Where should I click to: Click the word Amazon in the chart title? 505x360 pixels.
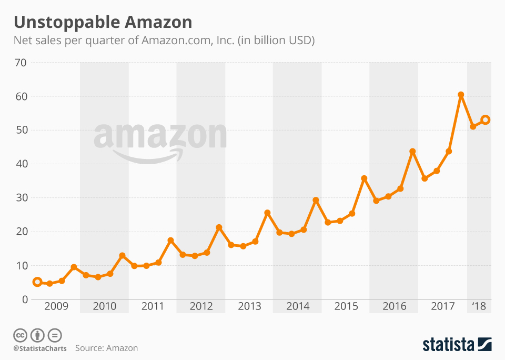[158, 22]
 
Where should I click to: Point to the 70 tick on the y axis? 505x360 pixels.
[21, 63]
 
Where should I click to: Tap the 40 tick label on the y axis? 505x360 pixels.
[21, 164]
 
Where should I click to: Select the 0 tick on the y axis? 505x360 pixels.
[24, 299]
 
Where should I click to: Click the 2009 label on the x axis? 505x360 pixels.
[56, 306]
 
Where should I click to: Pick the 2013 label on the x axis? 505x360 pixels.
[249, 306]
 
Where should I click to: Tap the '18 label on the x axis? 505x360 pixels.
[479, 306]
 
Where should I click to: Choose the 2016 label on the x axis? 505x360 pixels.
[394, 306]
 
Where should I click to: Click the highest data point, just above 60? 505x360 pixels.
[461, 95]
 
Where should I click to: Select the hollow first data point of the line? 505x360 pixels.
[37, 282]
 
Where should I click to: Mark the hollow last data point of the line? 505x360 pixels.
[486, 120]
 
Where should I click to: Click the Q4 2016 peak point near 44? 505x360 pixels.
[412, 152]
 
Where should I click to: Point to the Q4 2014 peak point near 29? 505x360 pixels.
[316, 200]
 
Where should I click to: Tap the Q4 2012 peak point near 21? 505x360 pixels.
[219, 227]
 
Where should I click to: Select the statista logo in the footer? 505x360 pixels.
[457, 345]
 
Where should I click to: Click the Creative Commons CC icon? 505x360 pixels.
[20, 335]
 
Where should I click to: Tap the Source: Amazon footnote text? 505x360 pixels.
[106, 348]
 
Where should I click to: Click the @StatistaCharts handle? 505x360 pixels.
[40, 348]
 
